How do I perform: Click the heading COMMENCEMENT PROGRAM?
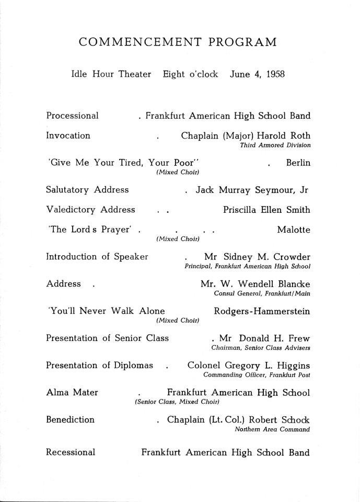(178, 42)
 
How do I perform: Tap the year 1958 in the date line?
(275, 74)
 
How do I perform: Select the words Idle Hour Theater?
(111, 74)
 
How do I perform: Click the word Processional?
(72, 116)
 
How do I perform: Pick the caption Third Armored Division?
(275, 145)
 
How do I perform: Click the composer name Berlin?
(298, 163)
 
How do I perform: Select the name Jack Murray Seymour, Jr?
(252, 190)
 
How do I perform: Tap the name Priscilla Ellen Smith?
(266, 210)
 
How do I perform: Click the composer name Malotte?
(294, 230)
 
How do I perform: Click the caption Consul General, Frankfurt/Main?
(262, 293)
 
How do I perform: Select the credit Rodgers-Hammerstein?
(262, 311)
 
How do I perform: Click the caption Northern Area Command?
(272, 429)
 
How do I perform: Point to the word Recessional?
(71, 452)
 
